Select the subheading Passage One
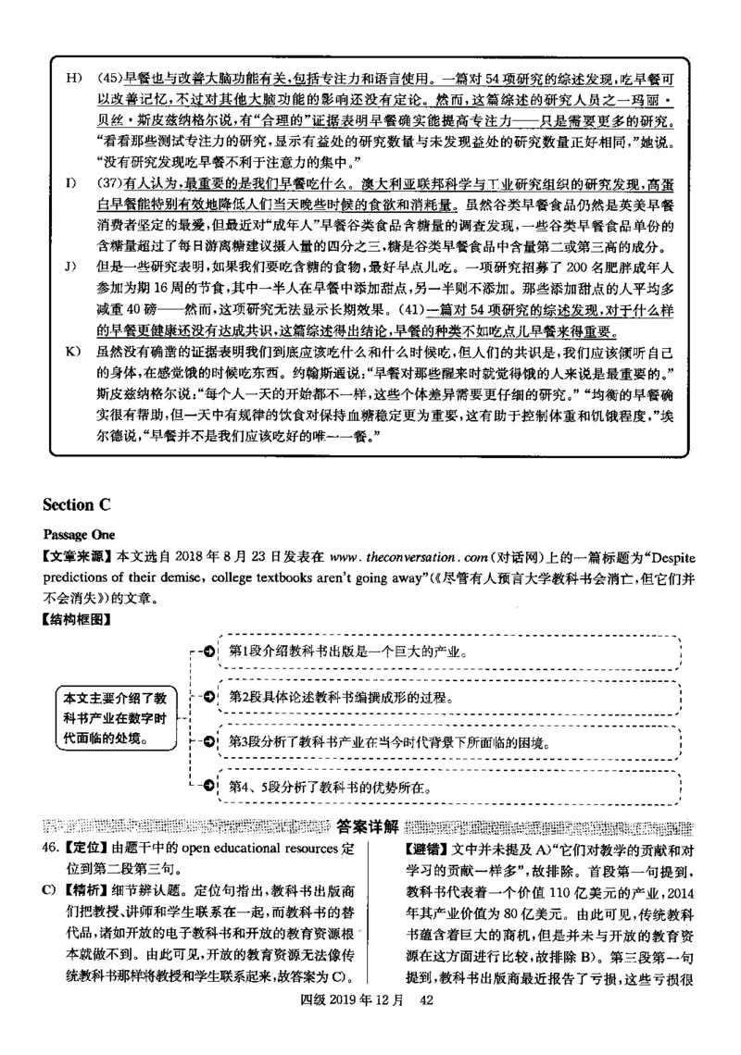(73, 535)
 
